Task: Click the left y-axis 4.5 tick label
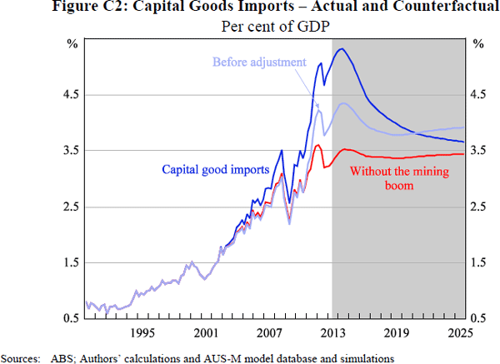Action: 68,94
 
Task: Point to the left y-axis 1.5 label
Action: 68,262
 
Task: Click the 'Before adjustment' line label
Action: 259,62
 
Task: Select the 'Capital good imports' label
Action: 215,169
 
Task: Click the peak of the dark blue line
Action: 341,49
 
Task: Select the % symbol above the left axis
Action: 71,42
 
